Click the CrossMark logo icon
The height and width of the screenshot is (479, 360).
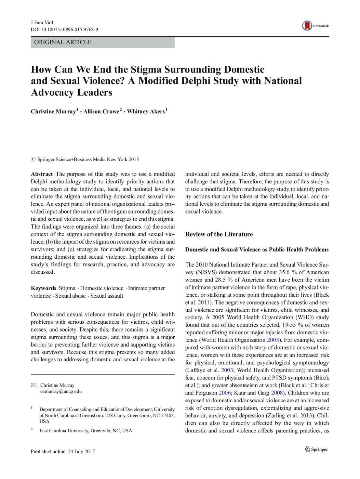307,26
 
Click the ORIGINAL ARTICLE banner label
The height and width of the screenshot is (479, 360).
63,42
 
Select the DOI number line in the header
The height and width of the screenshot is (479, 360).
64,29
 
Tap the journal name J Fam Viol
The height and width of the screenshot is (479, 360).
42,23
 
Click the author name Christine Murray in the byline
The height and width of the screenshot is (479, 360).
53,112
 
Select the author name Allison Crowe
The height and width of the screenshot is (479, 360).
101,112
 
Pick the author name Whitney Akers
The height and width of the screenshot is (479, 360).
146,112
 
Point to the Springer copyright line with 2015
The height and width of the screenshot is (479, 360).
85,159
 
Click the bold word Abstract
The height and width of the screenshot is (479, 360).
42,174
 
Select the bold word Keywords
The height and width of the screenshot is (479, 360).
43,288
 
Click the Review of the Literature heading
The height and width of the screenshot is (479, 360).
219,234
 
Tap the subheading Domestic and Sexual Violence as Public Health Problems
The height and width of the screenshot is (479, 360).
257,250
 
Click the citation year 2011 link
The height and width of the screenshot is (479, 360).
203,302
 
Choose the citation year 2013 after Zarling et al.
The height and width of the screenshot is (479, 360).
306,415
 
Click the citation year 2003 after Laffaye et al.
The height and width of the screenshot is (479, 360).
227,370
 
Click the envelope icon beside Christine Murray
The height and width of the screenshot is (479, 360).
34,385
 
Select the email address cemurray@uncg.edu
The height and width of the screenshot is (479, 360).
61,392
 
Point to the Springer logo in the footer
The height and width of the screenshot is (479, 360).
316,450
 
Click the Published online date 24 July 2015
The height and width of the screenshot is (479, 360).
63,452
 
